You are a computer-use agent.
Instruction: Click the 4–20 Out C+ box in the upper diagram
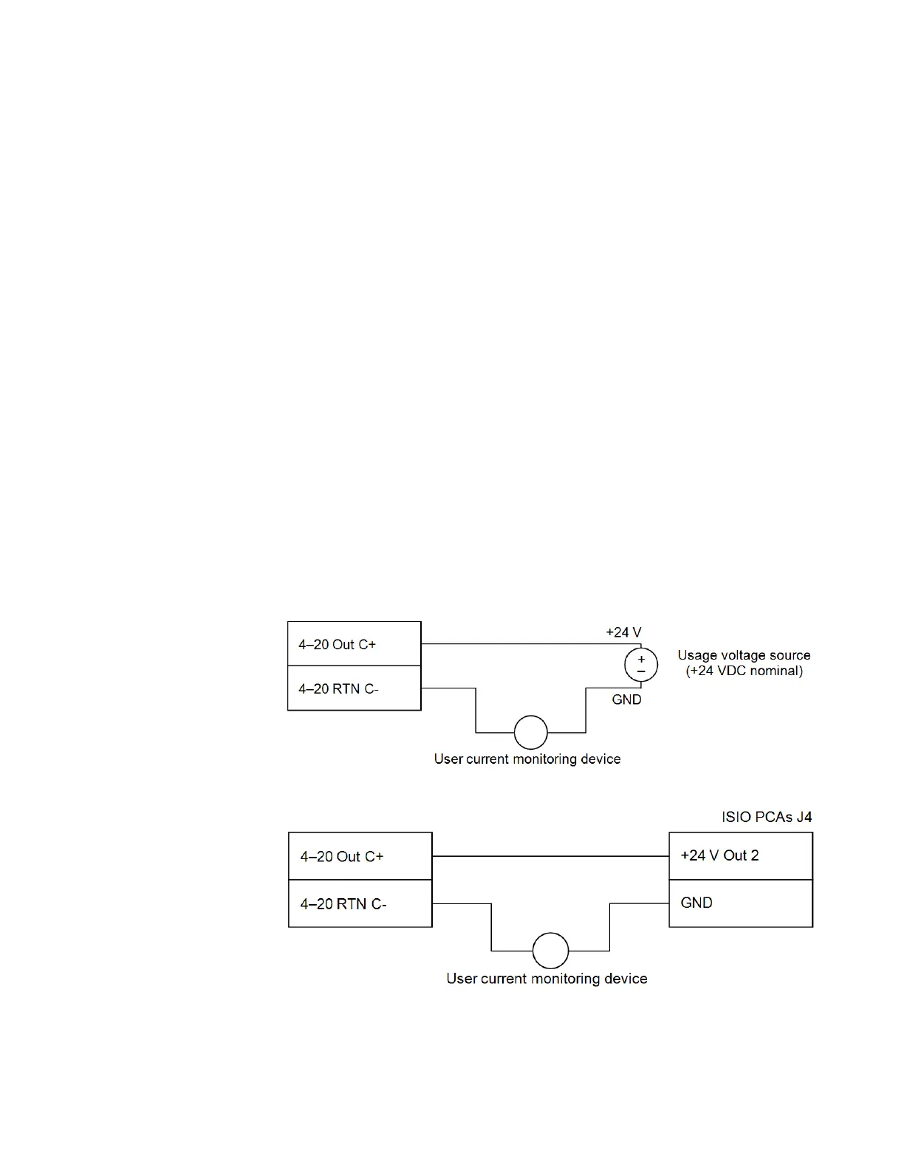click(x=354, y=644)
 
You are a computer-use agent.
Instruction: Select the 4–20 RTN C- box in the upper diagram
click(x=354, y=688)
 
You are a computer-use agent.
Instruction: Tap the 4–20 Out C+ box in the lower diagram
click(x=360, y=856)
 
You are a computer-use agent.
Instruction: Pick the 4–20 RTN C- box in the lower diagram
click(x=360, y=903)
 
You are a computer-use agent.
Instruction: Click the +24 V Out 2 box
click(x=740, y=856)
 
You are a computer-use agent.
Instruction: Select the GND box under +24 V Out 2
click(x=740, y=903)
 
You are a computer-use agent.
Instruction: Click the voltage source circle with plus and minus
click(x=641, y=666)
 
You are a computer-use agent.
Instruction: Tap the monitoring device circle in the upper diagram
click(x=531, y=733)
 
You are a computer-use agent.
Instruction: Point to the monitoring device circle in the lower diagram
click(x=550, y=950)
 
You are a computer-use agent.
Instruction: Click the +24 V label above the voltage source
click(x=623, y=632)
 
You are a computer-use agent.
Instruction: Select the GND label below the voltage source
click(x=626, y=699)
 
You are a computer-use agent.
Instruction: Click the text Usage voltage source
click(x=744, y=655)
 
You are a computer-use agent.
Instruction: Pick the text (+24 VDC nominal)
click(x=744, y=671)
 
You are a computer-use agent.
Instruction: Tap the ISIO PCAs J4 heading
click(x=767, y=817)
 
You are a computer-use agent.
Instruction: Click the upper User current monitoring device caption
click(x=527, y=759)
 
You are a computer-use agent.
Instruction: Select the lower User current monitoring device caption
click(x=547, y=979)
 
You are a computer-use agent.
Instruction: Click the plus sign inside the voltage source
click(x=641, y=659)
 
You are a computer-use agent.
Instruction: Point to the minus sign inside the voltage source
click(x=641, y=671)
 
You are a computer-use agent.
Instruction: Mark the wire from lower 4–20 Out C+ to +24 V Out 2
click(x=550, y=856)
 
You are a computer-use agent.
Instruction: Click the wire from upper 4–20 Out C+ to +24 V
click(x=517, y=644)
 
